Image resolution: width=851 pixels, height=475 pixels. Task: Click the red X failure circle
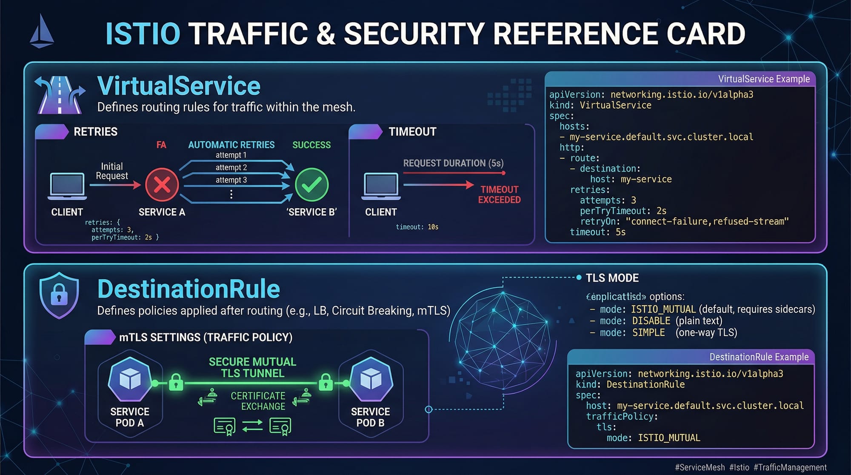pyautogui.click(x=162, y=185)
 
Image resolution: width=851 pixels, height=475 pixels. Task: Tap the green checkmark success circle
pyautogui.click(x=312, y=185)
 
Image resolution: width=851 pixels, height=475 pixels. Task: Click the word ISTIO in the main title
pyautogui.click(x=143, y=34)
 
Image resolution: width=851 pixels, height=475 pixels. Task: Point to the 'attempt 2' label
pyautogui.click(x=231, y=168)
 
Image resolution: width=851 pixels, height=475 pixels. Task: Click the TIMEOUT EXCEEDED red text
pyautogui.click(x=499, y=195)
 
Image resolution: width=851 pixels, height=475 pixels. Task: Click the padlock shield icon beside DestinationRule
pyautogui.click(x=59, y=295)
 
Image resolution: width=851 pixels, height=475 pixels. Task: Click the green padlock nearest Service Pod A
pyautogui.click(x=176, y=382)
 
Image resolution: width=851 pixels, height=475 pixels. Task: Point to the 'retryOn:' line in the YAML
pyautogui.click(x=684, y=222)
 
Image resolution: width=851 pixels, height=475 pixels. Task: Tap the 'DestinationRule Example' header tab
pyautogui.click(x=759, y=357)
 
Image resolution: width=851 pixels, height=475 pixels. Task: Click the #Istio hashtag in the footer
pyautogui.click(x=739, y=467)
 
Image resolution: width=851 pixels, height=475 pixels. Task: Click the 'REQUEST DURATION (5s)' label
pyautogui.click(x=453, y=163)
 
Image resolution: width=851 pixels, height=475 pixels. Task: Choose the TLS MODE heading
pyautogui.click(x=612, y=278)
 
